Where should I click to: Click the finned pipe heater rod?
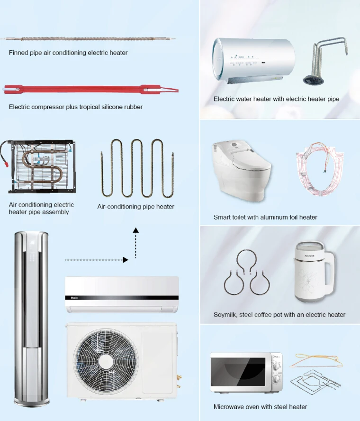pos(88,39)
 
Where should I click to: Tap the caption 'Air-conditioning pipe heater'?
pos(136,207)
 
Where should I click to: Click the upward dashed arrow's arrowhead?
pos(136,230)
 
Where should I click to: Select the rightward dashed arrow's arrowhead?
pos(125,260)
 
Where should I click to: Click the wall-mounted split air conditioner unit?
pos(122,294)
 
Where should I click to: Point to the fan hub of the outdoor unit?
pos(106,362)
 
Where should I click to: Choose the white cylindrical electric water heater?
pos(253,60)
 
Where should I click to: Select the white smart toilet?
pos(241,171)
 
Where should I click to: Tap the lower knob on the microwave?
pos(276,379)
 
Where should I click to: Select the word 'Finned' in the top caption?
pos(18,53)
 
